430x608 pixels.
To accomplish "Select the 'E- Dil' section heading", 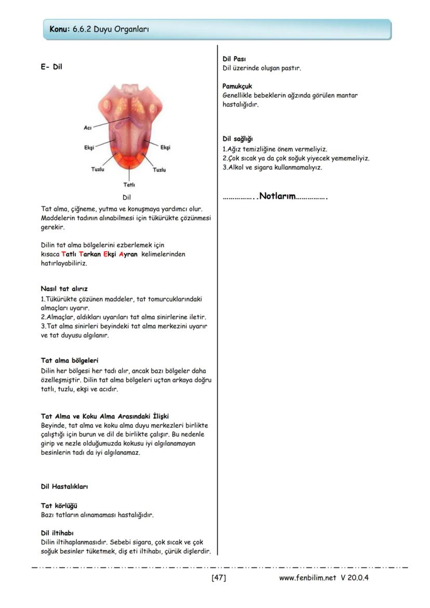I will [x=51, y=66].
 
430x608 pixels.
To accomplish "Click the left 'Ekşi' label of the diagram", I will [x=89, y=147].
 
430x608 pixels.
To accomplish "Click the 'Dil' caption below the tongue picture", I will [x=127, y=197].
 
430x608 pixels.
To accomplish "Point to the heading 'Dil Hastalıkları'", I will [x=64, y=487].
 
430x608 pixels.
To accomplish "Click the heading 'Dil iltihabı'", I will [x=57, y=532].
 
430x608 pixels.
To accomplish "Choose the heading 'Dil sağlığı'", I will [x=237, y=139].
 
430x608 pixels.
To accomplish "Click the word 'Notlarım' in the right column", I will [x=277, y=196].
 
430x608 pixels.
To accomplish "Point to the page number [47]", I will [x=219, y=577].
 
